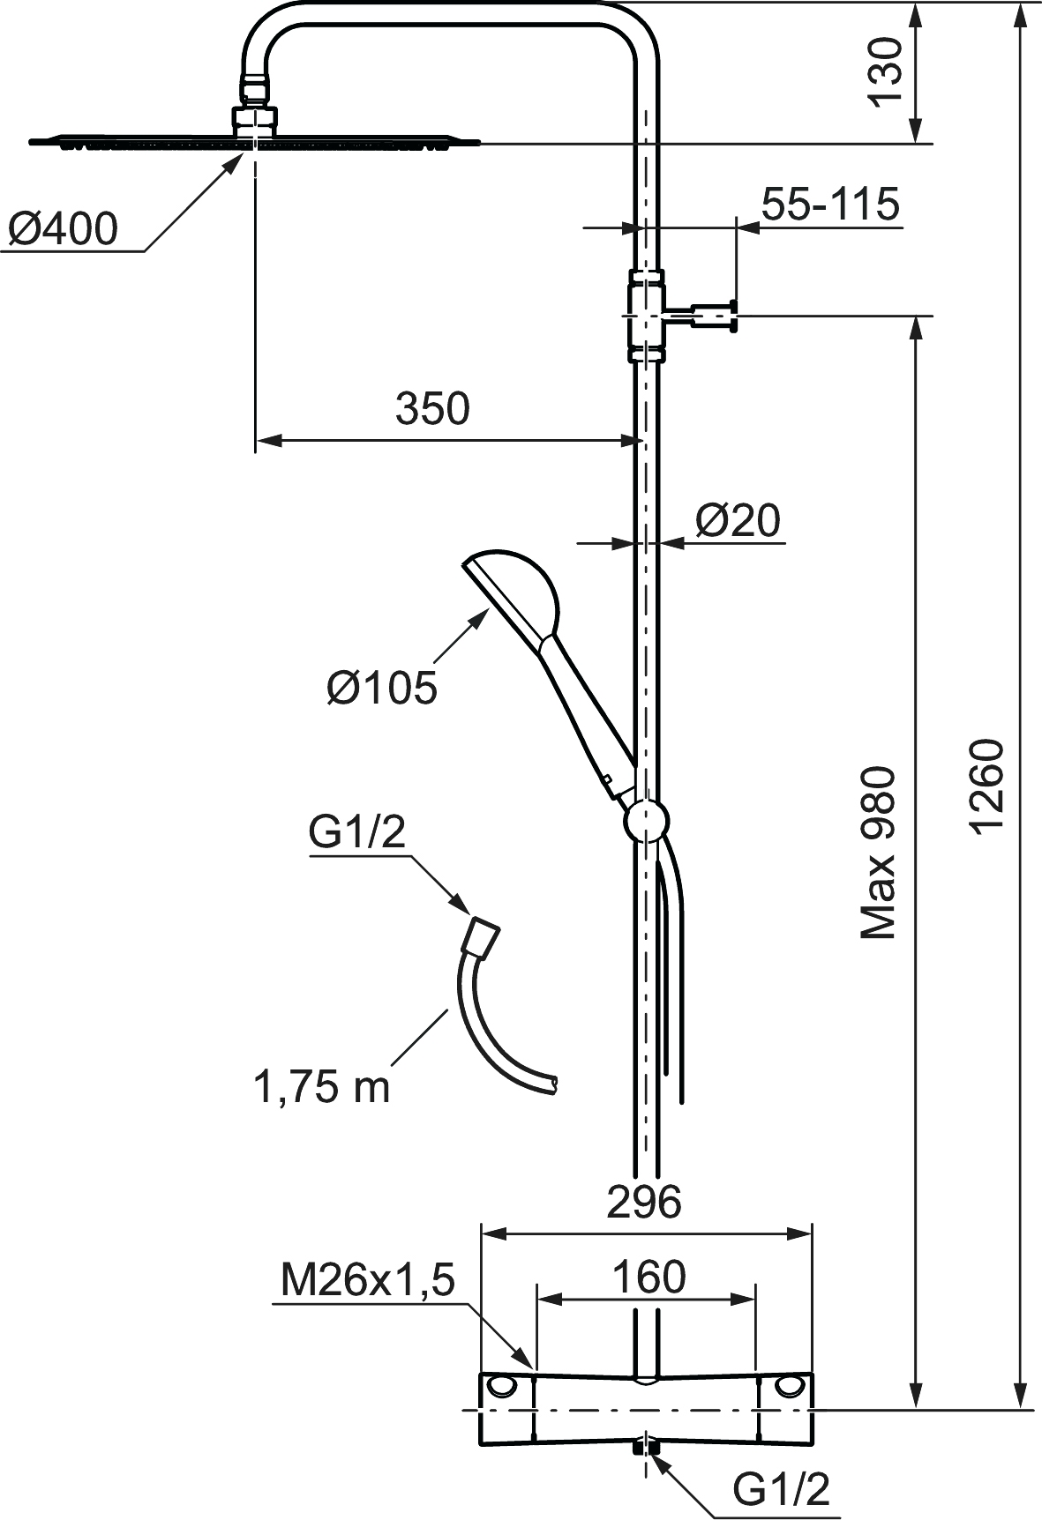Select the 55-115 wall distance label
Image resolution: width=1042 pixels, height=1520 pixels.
pyautogui.click(x=830, y=204)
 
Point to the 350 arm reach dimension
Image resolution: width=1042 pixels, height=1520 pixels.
pyautogui.click(x=432, y=409)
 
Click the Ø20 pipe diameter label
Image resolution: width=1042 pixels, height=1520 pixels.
pyautogui.click(x=738, y=520)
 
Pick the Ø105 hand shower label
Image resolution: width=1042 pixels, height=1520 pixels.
pyautogui.click(x=381, y=687)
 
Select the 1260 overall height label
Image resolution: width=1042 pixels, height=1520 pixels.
pyautogui.click(x=986, y=786)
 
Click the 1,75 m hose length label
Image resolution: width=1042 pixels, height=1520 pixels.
pyautogui.click(x=321, y=1087)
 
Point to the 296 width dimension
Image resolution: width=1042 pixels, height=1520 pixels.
pyautogui.click(x=645, y=1202)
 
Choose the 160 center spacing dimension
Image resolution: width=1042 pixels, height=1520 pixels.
pyautogui.click(x=648, y=1277)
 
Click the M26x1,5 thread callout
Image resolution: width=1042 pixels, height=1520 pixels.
pyautogui.click(x=367, y=1281)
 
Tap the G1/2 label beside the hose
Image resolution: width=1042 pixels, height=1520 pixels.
pyautogui.click(x=356, y=833)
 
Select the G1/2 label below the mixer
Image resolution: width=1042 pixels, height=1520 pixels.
pyautogui.click(x=782, y=1489)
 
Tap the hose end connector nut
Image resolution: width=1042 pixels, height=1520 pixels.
pyautogui.click(x=483, y=935)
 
